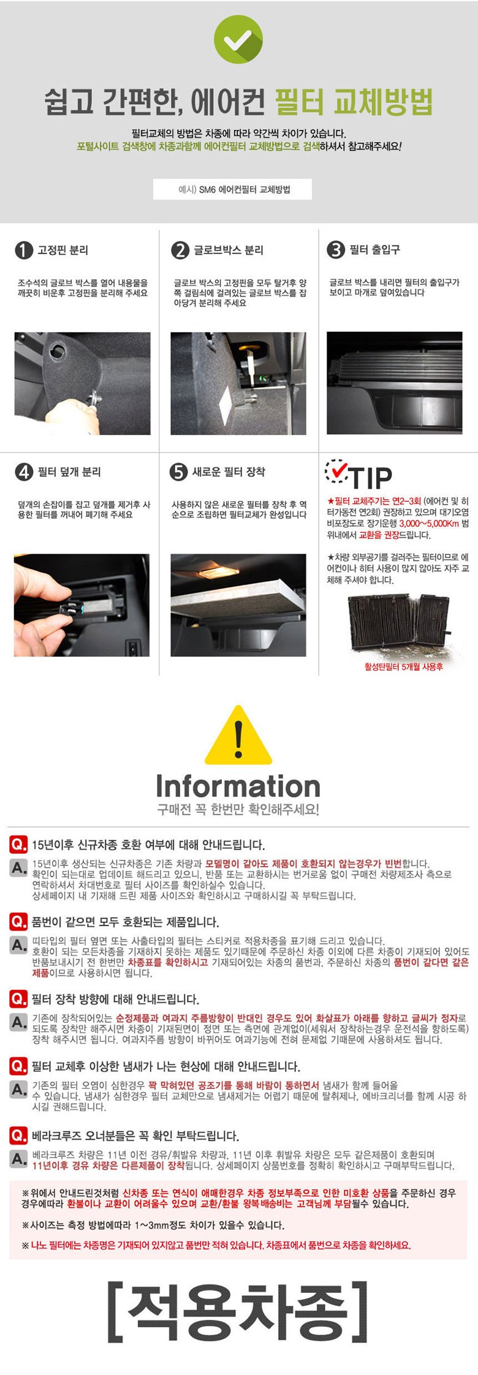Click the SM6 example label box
coord(232,189)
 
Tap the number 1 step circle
coord(23,250)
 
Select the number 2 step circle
coord(180,250)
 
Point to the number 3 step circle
coord(336,250)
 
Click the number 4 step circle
coord(23,472)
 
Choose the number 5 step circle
coord(178,472)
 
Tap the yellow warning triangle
coord(238,734)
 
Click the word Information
coord(238,786)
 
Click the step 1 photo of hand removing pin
coord(82,383)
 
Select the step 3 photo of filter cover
coord(395,383)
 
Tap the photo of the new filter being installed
coord(238,605)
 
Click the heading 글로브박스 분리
coord(229,250)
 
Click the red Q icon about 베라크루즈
coord(18,1136)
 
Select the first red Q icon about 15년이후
coord(18,845)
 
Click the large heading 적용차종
coord(238,1311)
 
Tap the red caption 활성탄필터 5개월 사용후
coord(403,666)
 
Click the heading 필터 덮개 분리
coord(69,472)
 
